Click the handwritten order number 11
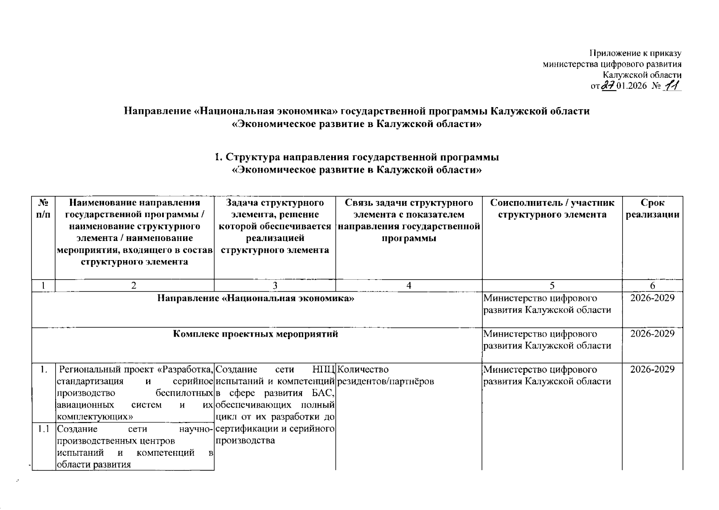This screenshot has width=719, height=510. point(672,86)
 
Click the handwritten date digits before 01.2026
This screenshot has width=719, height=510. point(609,86)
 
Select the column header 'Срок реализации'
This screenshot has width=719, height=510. point(652,209)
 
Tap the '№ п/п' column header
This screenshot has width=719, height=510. point(43,209)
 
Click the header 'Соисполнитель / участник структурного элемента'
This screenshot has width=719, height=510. point(552,209)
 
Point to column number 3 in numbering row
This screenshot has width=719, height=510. point(275,286)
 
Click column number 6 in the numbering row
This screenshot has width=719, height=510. point(652,286)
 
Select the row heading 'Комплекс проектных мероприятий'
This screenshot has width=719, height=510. point(256,334)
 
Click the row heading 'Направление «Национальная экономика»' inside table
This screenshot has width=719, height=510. point(256,298)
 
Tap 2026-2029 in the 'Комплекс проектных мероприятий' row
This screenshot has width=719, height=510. point(652,334)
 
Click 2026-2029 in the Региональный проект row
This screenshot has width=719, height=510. point(652,369)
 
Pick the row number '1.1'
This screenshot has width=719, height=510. point(43,429)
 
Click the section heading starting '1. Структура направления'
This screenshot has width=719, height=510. point(357,157)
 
